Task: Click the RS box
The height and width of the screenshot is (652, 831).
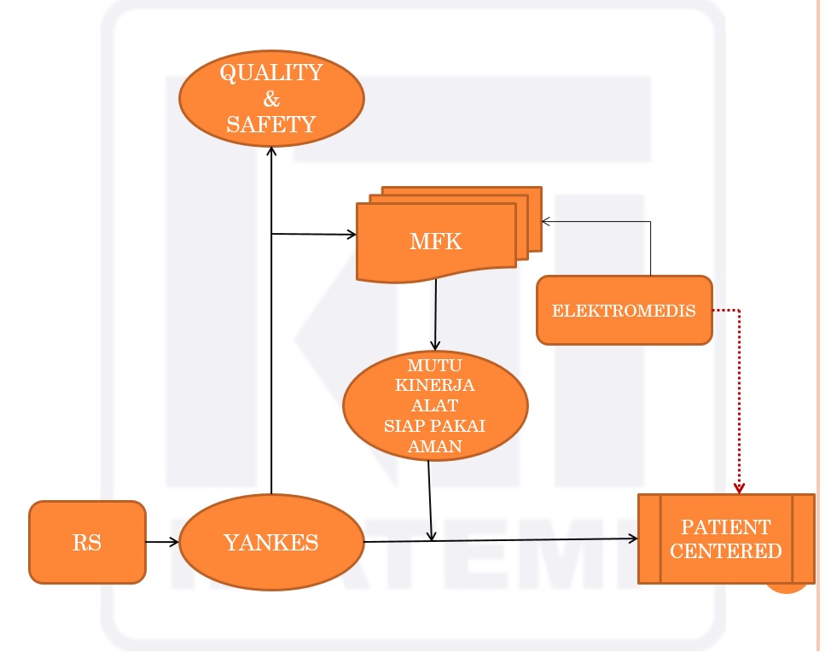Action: (x=87, y=543)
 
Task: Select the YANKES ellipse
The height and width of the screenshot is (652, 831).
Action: (x=271, y=542)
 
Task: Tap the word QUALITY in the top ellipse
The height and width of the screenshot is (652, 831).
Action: (x=271, y=73)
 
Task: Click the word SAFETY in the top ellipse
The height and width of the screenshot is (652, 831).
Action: (x=271, y=125)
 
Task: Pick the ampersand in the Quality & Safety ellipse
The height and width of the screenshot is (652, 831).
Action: (x=271, y=99)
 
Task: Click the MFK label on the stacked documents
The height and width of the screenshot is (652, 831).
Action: (x=436, y=242)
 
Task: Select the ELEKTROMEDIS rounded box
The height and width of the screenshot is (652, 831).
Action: (x=624, y=311)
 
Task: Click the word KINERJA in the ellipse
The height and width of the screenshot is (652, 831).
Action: (x=435, y=386)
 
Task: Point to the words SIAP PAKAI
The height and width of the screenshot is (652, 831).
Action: (x=435, y=426)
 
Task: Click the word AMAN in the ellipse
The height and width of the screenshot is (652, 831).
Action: (x=435, y=445)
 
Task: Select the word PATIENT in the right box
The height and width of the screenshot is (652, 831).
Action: (x=725, y=527)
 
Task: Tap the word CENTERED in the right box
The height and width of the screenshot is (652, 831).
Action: (x=725, y=551)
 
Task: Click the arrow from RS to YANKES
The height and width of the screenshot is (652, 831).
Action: (x=162, y=542)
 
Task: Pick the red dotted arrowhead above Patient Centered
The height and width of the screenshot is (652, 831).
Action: (x=739, y=487)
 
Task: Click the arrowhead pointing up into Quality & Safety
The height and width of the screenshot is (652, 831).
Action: (x=271, y=151)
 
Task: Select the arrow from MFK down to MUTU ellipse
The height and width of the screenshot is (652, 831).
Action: (x=436, y=316)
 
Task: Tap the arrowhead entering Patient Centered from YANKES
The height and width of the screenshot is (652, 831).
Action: (x=633, y=538)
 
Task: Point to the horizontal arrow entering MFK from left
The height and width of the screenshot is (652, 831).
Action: (x=316, y=234)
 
